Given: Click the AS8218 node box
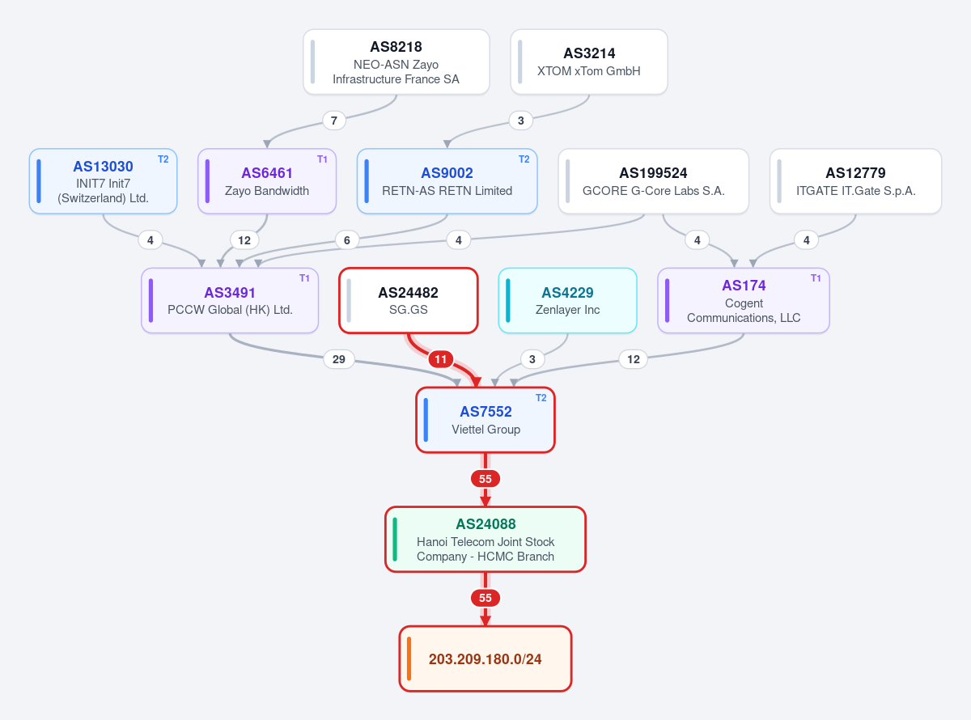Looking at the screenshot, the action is tap(396, 61).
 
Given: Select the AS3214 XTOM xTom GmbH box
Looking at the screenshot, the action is tap(589, 61).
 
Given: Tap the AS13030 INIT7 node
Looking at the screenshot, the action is tap(104, 181).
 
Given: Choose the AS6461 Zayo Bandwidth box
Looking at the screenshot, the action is tap(267, 181).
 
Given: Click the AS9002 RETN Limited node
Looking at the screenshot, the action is tap(447, 181).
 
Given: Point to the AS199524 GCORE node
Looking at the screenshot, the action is tap(654, 181).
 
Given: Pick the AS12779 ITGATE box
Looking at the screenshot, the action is tap(855, 181).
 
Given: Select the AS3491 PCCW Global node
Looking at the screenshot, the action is tap(230, 301).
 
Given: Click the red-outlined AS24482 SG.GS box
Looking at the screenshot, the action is tap(409, 301).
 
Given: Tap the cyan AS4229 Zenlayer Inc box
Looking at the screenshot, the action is tap(567, 301).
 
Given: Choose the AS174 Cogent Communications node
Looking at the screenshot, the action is tap(744, 301).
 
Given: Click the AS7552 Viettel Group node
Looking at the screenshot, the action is tap(485, 420).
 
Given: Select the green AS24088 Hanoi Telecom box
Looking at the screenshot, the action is tap(485, 540).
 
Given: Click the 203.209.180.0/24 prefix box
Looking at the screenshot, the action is tap(485, 659).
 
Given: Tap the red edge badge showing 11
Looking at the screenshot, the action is tap(441, 359).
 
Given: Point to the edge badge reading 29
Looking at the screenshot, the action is tap(339, 359).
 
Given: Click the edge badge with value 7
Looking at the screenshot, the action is tap(334, 121).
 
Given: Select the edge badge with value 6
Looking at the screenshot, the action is tap(347, 240).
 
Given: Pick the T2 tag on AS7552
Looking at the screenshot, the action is tap(541, 398).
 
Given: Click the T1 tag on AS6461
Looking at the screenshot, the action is tap(322, 159).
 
